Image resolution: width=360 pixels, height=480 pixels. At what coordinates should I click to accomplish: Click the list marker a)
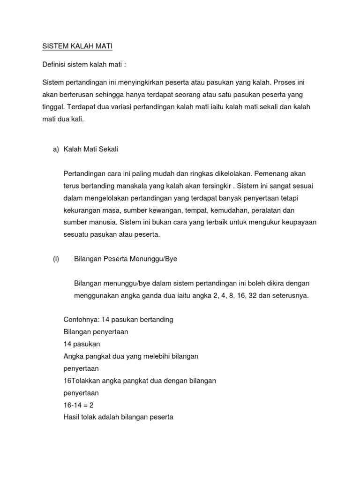[x=56, y=149]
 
